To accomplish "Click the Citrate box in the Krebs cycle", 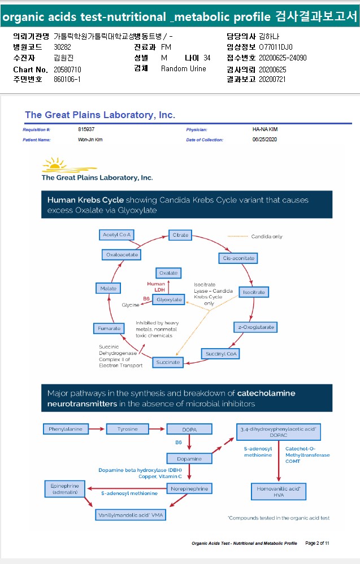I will pyautogui.click(x=181, y=235).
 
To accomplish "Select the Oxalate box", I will pyautogui.click(x=168, y=273).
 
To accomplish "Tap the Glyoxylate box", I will pyautogui.click(x=169, y=299).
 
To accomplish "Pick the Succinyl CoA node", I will pyautogui.click(x=220, y=354).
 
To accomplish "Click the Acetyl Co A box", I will pyautogui.click(x=117, y=235).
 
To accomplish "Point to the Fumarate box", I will pyautogui.click(x=109, y=328).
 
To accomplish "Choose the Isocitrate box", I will pyautogui.click(x=253, y=292).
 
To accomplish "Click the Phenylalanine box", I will pyautogui.click(x=66, y=429).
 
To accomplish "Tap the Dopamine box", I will pyautogui.click(x=188, y=458).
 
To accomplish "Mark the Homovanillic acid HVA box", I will pyautogui.click(x=279, y=491).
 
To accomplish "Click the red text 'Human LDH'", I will pyautogui.click(x=156, y=286).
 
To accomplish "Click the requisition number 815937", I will pyautogui.click(x=86, y=129).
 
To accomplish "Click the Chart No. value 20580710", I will pyautogui.click(x=67, y=69).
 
